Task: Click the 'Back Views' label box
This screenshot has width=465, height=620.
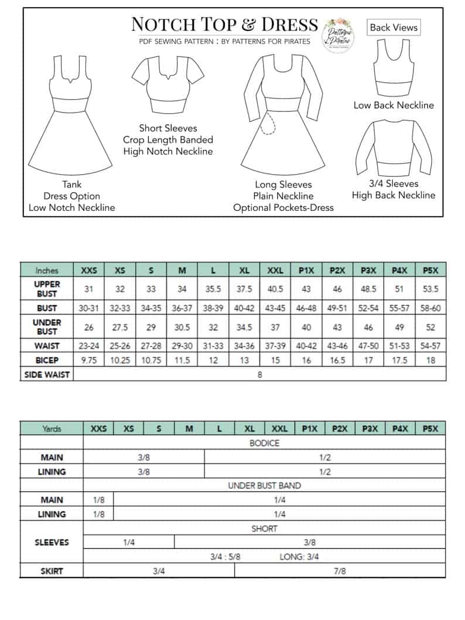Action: tap(394, 28)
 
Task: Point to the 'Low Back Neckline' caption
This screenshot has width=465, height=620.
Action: tap(394, 105)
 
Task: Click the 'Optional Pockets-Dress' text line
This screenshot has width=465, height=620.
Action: tap(283, 207)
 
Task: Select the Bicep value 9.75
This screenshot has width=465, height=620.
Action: tap(88, 360)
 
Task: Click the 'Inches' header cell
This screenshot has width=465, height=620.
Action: tap(47, 271)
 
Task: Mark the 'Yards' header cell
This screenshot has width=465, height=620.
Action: tap(52, 429)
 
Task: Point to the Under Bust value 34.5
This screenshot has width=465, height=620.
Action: tap(244, 327)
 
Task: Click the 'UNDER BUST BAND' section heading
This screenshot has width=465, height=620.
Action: tap(264, 486)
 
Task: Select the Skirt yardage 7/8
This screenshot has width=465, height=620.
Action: tap(340, 571)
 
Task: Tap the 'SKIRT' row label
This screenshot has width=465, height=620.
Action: tap(52, 571)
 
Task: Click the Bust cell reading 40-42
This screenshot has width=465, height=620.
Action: tap(244, 308)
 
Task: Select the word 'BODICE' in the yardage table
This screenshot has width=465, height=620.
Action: tap(264, 443)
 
